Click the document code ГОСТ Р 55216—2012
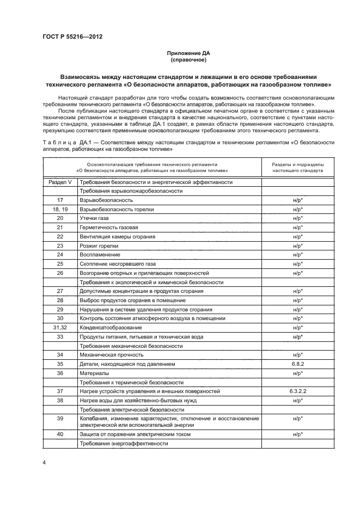click(72, 37)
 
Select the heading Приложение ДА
click(187, 53)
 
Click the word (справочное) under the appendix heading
click(187, 60)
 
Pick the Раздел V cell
click(60, 182)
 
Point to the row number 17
click(60, 200)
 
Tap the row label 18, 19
click(60, 209)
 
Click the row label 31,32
click(60, 328)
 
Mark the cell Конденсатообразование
click(111, 328)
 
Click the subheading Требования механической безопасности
click(131, 346)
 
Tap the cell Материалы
click(94, 373)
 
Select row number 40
click(60, 434)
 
